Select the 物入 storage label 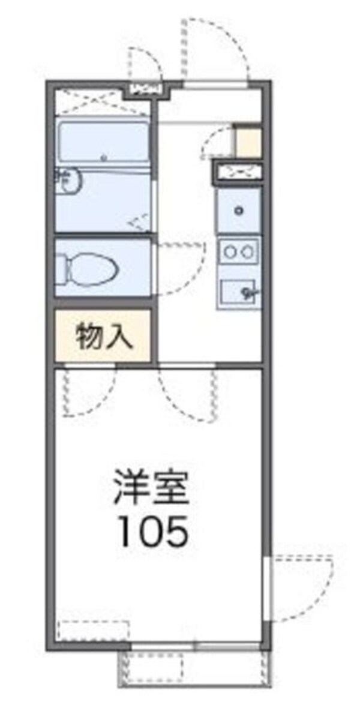click(103, 338)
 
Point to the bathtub click(103, 142)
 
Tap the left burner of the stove click(229, 252)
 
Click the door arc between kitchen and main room click(186, 393)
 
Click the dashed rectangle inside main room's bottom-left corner click(94, 631)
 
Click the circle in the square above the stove click(239, 210)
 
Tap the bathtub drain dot click(104, 158)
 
